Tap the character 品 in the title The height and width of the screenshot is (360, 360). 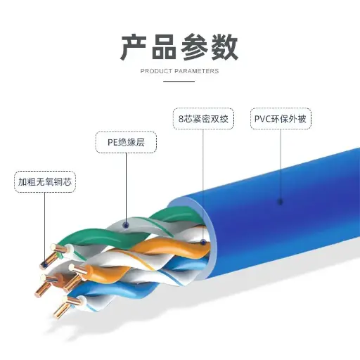tap(164, 47)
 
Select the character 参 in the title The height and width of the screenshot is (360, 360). tap(194, 47)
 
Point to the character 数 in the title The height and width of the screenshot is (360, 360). tap(224, 47)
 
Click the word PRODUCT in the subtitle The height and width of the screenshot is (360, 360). tap(156, 71)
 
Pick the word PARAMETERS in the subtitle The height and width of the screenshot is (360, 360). tap(197, 71)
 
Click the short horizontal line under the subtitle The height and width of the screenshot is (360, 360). tap(179, 82)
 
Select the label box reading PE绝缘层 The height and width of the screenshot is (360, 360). tap(126, 142)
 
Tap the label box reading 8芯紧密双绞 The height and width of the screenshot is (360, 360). tap(203, 119)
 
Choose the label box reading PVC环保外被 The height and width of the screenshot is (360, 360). tap(281, 119)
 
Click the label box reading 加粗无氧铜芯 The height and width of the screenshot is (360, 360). tap(45, 182)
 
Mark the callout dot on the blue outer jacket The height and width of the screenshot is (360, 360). tap(281, 202)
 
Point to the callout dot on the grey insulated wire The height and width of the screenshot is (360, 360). tap(126, 226)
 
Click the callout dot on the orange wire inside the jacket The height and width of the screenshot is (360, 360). tap(203, 242)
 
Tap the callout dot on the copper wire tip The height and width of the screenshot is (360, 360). tap(44, 265)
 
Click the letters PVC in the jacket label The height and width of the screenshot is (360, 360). tap(262, 119)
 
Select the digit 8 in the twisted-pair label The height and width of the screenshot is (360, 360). tap(181, 119)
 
